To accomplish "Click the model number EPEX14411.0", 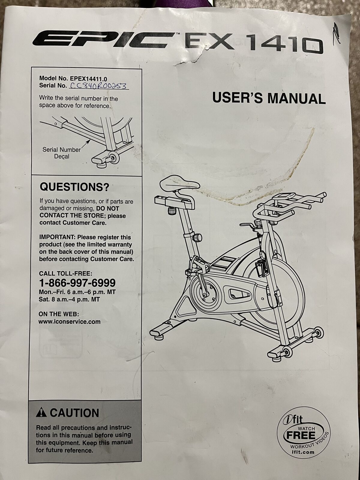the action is (x=88, y=78).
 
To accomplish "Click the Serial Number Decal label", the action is (x=61, y=153).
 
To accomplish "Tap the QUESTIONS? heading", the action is (x=74, y=187).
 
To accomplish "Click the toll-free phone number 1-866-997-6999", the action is (x=77, y=283).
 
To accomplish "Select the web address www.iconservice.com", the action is (x=70, y=322).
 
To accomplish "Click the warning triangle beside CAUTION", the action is (x=41, y=413).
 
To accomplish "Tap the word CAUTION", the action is (x=74, y=413).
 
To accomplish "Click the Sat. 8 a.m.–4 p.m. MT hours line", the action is (x=69, y=299).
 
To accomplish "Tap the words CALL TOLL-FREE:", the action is (x=66, y=273).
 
